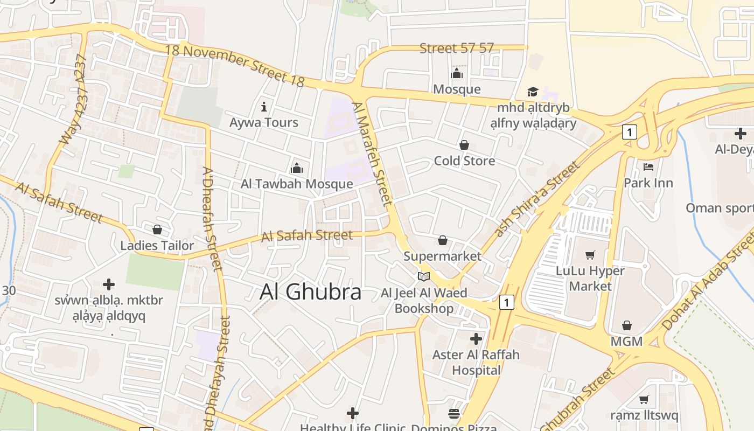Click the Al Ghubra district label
(310, 292)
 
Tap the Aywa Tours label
(264, 122)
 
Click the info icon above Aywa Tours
(264, 106)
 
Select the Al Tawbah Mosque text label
(297, 184)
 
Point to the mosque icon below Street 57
(457, 73)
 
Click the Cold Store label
(464, 161)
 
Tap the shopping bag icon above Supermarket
(442, 240)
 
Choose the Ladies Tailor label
(157, 246)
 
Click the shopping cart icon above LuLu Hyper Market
(590, 255)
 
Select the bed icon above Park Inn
(648, 166)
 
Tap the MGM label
(626, 341)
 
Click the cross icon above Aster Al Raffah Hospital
(476, 339)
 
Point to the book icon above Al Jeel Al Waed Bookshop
(424, 276)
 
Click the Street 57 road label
(457, 48)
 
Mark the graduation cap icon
(533, 92)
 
